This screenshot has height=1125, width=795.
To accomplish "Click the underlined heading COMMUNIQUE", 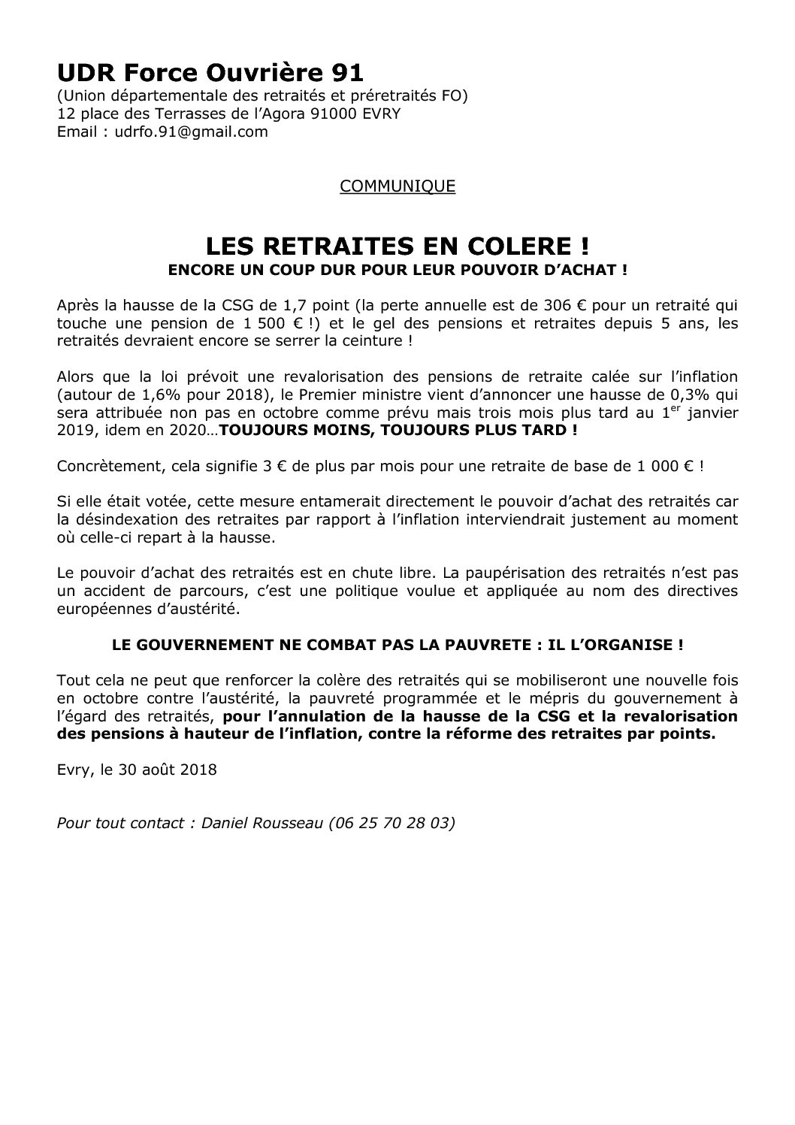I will coord(397,186).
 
